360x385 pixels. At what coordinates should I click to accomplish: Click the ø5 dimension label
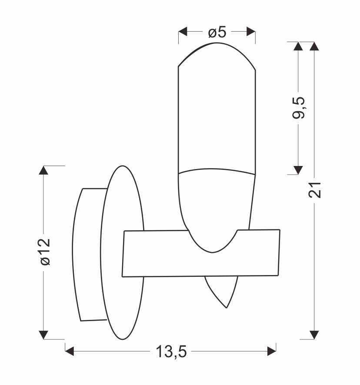click(x=217, y=32)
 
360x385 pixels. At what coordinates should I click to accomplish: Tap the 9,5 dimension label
click(x=298, y=108)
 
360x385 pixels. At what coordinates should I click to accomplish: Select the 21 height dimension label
click(x=314, y=190)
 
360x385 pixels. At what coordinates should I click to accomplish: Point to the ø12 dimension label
click(x=45, y=252)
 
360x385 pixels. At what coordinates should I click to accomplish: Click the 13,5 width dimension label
click(x=171, y=352)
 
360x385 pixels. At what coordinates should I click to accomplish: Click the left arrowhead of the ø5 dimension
click(x=183, y=31)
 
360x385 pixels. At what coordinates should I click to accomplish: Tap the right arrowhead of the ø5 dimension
click(x=251, y=31)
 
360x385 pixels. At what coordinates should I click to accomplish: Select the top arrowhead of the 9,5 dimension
click(x=298, y=46)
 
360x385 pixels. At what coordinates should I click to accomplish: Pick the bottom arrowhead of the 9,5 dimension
click(x=298, y=170)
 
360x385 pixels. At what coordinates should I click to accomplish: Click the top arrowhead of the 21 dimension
click(x=314, y=46)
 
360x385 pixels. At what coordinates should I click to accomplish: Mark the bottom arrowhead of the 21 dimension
click(x=314, y=335)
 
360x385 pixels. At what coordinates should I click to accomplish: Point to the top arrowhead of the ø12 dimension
click(x=43, y=170)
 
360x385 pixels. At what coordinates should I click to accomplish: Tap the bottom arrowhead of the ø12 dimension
click(x=43, y=335)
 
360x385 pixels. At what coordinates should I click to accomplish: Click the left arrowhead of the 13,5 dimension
click(x=70, y=351)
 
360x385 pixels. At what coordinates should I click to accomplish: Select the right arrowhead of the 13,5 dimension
click(x=272, y=351)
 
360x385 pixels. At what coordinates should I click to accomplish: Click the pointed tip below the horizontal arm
click(x=227, y=308)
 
